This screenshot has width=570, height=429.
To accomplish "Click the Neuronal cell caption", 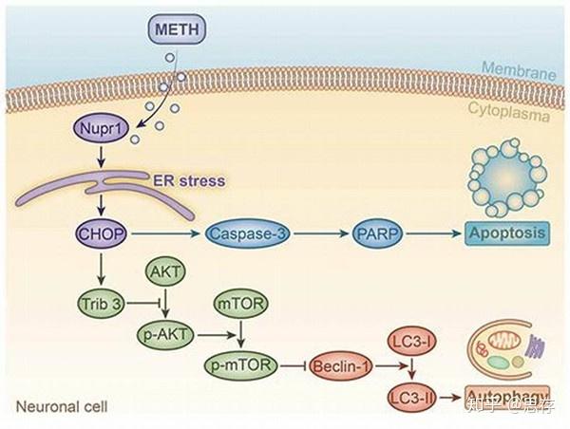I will pos(61,407).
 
